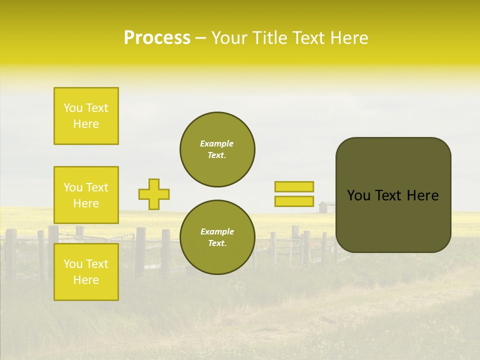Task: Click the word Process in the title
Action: point(157,38)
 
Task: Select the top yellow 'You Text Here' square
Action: point(86,116)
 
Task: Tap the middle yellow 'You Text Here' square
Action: point(86,195)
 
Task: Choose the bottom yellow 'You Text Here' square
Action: point(86,271)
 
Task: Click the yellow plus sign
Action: point(154,194)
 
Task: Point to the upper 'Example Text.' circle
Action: point(217,149)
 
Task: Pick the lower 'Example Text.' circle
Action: point(217,237)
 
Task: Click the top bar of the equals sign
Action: point(294,187)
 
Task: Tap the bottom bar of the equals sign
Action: point(294,201)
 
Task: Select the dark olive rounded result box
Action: point(393,195)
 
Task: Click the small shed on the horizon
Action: point(326,207)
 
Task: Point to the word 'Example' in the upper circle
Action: point(217,143)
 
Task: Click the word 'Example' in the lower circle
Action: point(217,231)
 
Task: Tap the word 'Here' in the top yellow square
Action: point(86,124)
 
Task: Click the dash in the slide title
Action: point(200,38)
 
